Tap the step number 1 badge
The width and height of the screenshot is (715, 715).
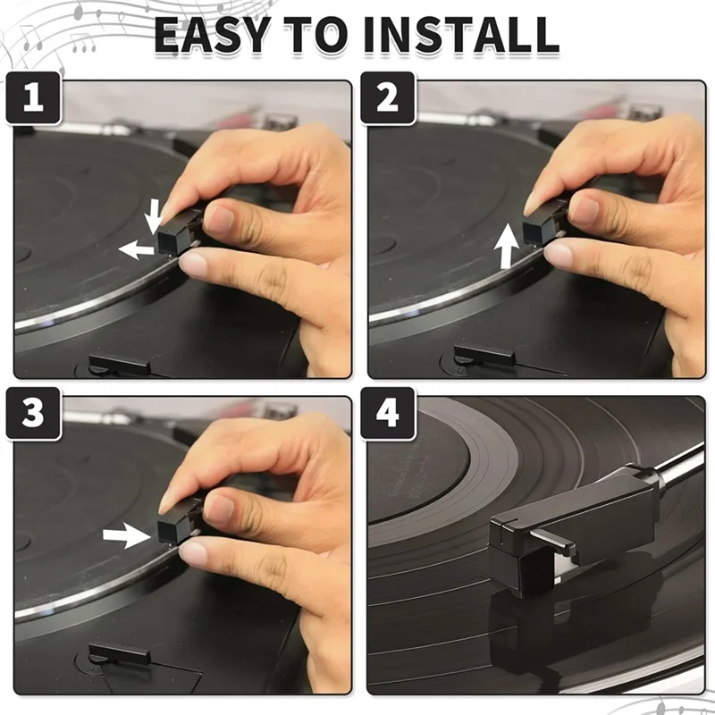pyautogui.click(x=33, y=98)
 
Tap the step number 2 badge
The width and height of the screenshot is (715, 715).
pyautogui.click(x=387, y=98)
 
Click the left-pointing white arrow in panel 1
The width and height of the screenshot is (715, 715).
pyautogui.click(x=136, y=249)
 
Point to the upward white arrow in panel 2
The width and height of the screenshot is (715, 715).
pyautogui.click(x=507, y=247)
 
